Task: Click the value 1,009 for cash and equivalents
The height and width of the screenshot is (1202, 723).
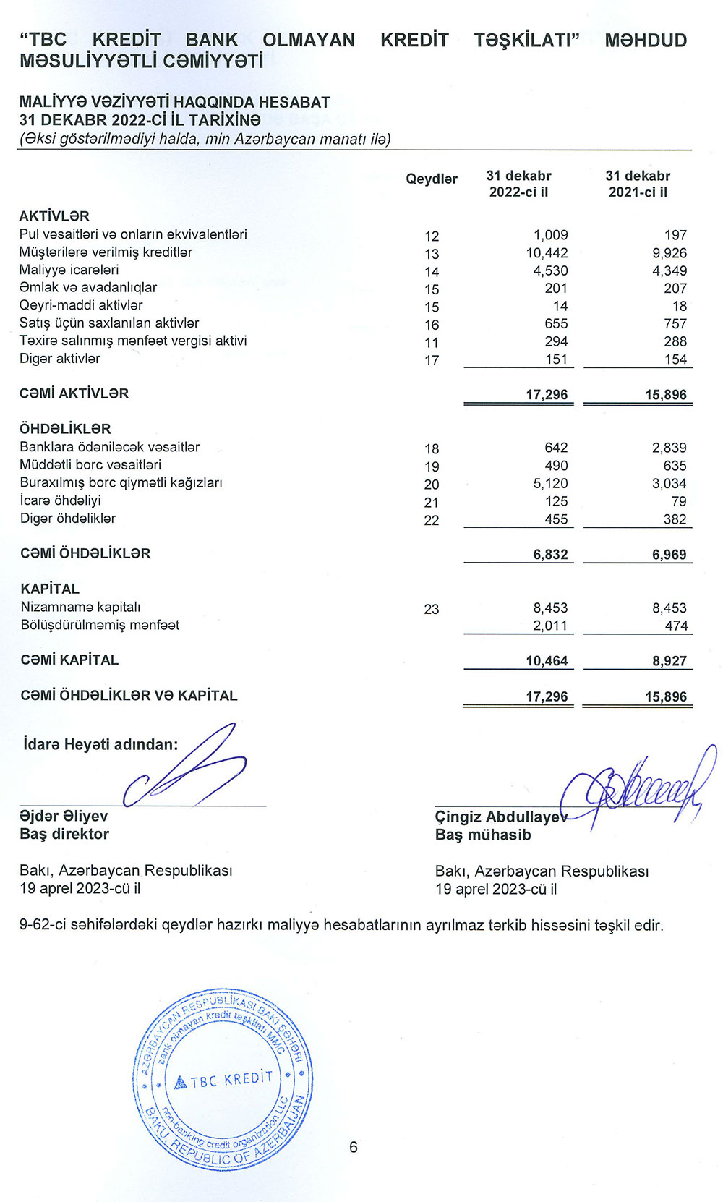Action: pyautogui.click(x=551, y=235)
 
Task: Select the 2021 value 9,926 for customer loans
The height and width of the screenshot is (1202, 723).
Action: pyautogui.click(x=669, y=253)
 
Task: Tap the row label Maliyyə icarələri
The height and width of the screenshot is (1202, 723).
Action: pyautogui.click(x=69, y=270)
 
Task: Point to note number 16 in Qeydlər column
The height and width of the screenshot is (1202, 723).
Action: pyautogui.click(x=432, y=325)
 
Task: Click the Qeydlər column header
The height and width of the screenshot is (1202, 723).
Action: pyautogui.click(x=432, y=179)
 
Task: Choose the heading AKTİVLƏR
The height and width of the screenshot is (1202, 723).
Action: pyautogui.click(x=54, y=216)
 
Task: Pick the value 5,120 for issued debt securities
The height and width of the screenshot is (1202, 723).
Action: pyautogui.click(x=551, y=483)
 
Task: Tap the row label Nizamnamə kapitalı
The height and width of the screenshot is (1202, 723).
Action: pyautogui.click(x=80, y=608)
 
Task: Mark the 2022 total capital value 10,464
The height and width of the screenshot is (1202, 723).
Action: pyautogui.click(x=547, y=661)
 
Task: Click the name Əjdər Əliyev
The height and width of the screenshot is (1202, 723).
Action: pyautogui.click(x=64, y=817)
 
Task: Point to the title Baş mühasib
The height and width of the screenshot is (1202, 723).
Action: pyautogui.click(x=483, y=835)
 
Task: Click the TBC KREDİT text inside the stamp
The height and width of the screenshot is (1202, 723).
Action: pyautogui.click(x=231, y=1080)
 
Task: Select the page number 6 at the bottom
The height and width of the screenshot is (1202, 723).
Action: pyautogui.click(x=354, y=1147)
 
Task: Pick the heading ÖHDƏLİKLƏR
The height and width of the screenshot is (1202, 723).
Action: pyautogui.click(x=65, y=429)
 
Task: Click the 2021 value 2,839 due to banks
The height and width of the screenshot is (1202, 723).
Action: pyautogui.click(x=669, y=448)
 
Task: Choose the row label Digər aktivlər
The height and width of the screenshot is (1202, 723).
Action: pyautogui.click(x=60, y=359)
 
